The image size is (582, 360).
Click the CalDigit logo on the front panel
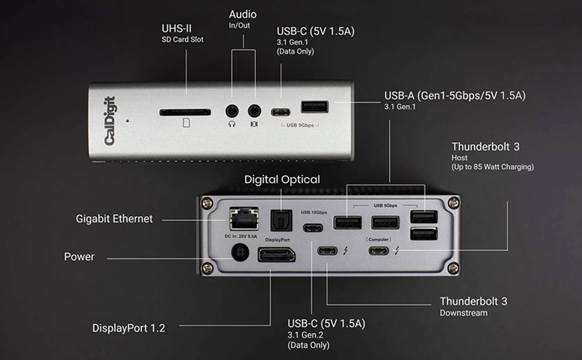110,121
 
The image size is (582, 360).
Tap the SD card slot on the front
185,112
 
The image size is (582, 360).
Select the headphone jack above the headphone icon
232,111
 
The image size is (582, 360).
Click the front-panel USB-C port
281,112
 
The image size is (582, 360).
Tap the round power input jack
239,257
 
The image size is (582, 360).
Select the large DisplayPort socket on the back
276,255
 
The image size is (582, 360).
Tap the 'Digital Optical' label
282,179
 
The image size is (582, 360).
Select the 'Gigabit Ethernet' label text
114,219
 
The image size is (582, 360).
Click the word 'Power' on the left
79,257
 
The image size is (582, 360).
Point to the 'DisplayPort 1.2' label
128,328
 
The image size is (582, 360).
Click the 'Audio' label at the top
243,14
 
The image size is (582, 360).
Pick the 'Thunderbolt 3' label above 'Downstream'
473,301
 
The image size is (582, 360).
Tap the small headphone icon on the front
232,124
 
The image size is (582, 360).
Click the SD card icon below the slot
186,124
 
